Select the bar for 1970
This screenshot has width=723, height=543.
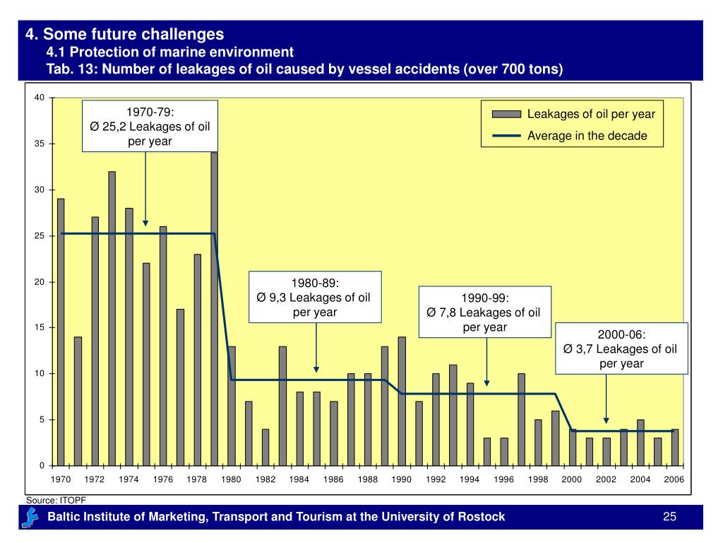(x=61, y=332)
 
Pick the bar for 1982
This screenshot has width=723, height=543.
(x=265, y=447)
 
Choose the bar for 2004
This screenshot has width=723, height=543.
(x=640, y=443)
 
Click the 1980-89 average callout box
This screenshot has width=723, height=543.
(x=315, y=297)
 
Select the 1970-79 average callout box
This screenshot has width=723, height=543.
(x=150, y=126)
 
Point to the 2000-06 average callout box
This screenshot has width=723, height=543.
(x=622, y=348)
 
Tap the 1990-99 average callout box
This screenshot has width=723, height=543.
(x=484, y=313)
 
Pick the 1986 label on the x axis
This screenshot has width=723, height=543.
(x=333, y=479)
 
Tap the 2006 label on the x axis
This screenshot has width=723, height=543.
(x=674, y=479)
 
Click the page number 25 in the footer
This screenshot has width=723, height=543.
(x=670, y=517)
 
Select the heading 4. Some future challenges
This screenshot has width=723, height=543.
(x=125, y=33)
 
